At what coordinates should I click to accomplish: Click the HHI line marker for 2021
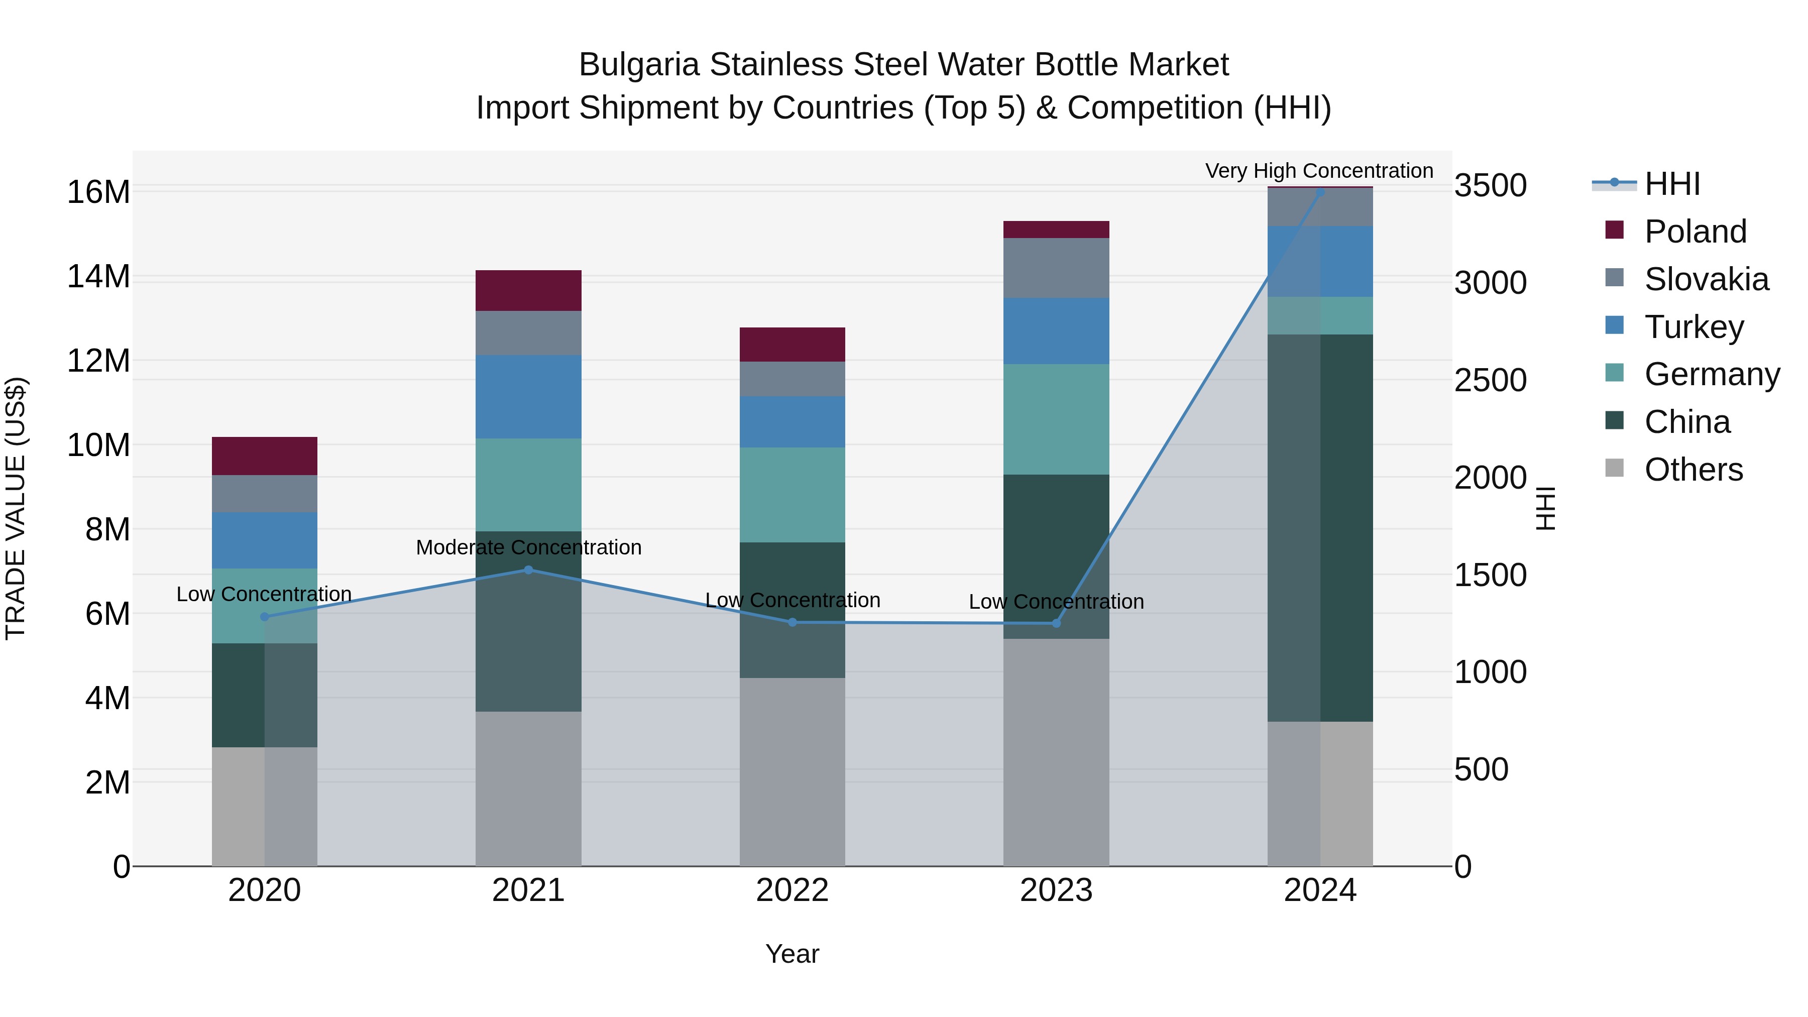[x=528, y=570]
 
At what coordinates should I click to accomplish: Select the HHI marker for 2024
[x=1320, y=192]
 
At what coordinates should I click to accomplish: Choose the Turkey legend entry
[x=1693, y=327]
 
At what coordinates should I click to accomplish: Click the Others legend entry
[x=1693, y=470]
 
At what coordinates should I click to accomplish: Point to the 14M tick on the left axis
[x=98, y=277]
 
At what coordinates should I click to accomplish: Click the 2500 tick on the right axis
[x=1490, y=380]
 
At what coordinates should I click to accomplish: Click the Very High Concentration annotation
[x=1319, y=171]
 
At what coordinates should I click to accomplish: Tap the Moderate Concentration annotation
[x=528, y=547]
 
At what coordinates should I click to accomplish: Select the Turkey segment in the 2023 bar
[x=1056, y=330]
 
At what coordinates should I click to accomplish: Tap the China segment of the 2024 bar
[x=1320, y=528]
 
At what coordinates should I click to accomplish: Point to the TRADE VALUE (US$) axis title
[x=16, y=508]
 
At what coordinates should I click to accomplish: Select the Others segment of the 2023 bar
[x=1056, y=752]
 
